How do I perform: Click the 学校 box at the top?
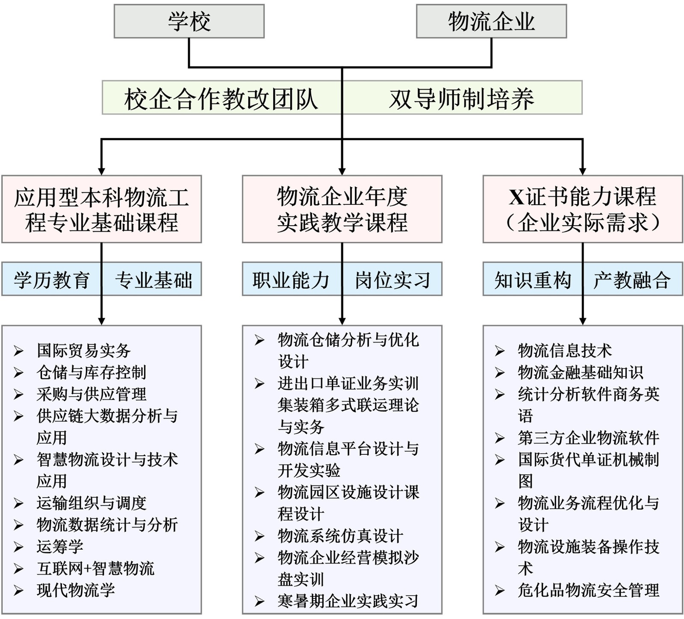[189, 21]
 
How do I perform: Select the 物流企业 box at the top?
[491, 21]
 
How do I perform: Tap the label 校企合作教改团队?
[221, 99]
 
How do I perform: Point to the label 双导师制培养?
[462, 99]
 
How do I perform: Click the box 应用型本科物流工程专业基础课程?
[101, 209]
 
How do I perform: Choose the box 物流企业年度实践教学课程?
[342, 209]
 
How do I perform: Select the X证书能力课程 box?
[583, 209]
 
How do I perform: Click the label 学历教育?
[52, 280]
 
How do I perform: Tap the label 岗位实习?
[392, 280]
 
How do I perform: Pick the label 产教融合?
[631, 280]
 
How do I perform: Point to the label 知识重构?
[533, 280]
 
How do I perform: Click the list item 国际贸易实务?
[84, 351]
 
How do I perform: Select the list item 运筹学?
[60, 547]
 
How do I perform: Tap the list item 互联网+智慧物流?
[95, 569]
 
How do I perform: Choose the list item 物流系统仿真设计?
[340, 536]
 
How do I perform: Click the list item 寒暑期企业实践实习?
[348, 601]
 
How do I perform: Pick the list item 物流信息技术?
[565, 351]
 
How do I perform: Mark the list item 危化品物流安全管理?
[589, 590]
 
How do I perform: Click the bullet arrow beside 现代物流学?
[18, 591]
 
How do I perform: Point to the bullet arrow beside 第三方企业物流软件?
[500, 438]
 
